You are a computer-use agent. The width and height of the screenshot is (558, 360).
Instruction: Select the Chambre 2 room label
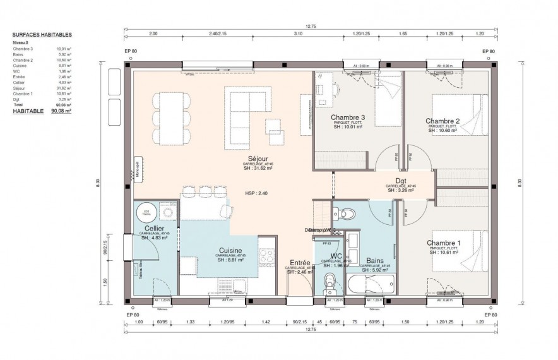(x=442, y=121)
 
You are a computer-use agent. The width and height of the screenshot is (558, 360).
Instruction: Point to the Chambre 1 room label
(x=443, y=243)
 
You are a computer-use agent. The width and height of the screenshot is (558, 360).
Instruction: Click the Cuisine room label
(x=230, y=250)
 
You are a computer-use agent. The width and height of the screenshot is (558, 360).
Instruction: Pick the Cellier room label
(x=155, y=228)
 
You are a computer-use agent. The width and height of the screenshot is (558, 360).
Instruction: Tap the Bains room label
(x=376, y=260)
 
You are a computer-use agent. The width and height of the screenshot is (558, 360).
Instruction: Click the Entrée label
(x=299, y=263)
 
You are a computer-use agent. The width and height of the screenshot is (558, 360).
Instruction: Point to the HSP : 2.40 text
(x=256, y=193)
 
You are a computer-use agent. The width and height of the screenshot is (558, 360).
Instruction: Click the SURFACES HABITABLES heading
(x=42, y=36)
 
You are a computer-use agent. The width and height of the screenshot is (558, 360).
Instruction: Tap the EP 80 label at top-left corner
(x=132, y=51)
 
